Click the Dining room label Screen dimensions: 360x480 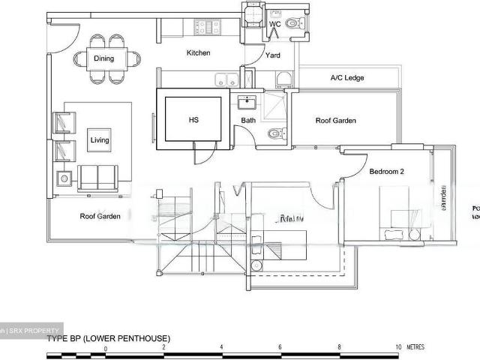coord(103,58)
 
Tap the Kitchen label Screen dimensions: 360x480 coord(198,53)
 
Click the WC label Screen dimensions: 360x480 coord(274,25)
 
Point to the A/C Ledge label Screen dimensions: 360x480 coord(346,77)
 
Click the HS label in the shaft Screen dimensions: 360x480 coord(193,120)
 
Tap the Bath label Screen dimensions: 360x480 coord(248,121)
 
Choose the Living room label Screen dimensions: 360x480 coord(99,140)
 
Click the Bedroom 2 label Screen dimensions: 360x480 coord(386,172)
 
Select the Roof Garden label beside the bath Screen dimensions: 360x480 coord(335,121)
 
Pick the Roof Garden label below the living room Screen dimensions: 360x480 coord(100,217)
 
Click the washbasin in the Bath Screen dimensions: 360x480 coord(247,103)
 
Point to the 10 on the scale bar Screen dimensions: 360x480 coord(399,348)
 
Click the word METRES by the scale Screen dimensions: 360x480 coord(415,348)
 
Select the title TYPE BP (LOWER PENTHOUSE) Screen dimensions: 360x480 coord(109,339)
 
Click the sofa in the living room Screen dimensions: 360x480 coord(97,177)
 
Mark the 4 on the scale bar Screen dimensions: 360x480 coord(222,348)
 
